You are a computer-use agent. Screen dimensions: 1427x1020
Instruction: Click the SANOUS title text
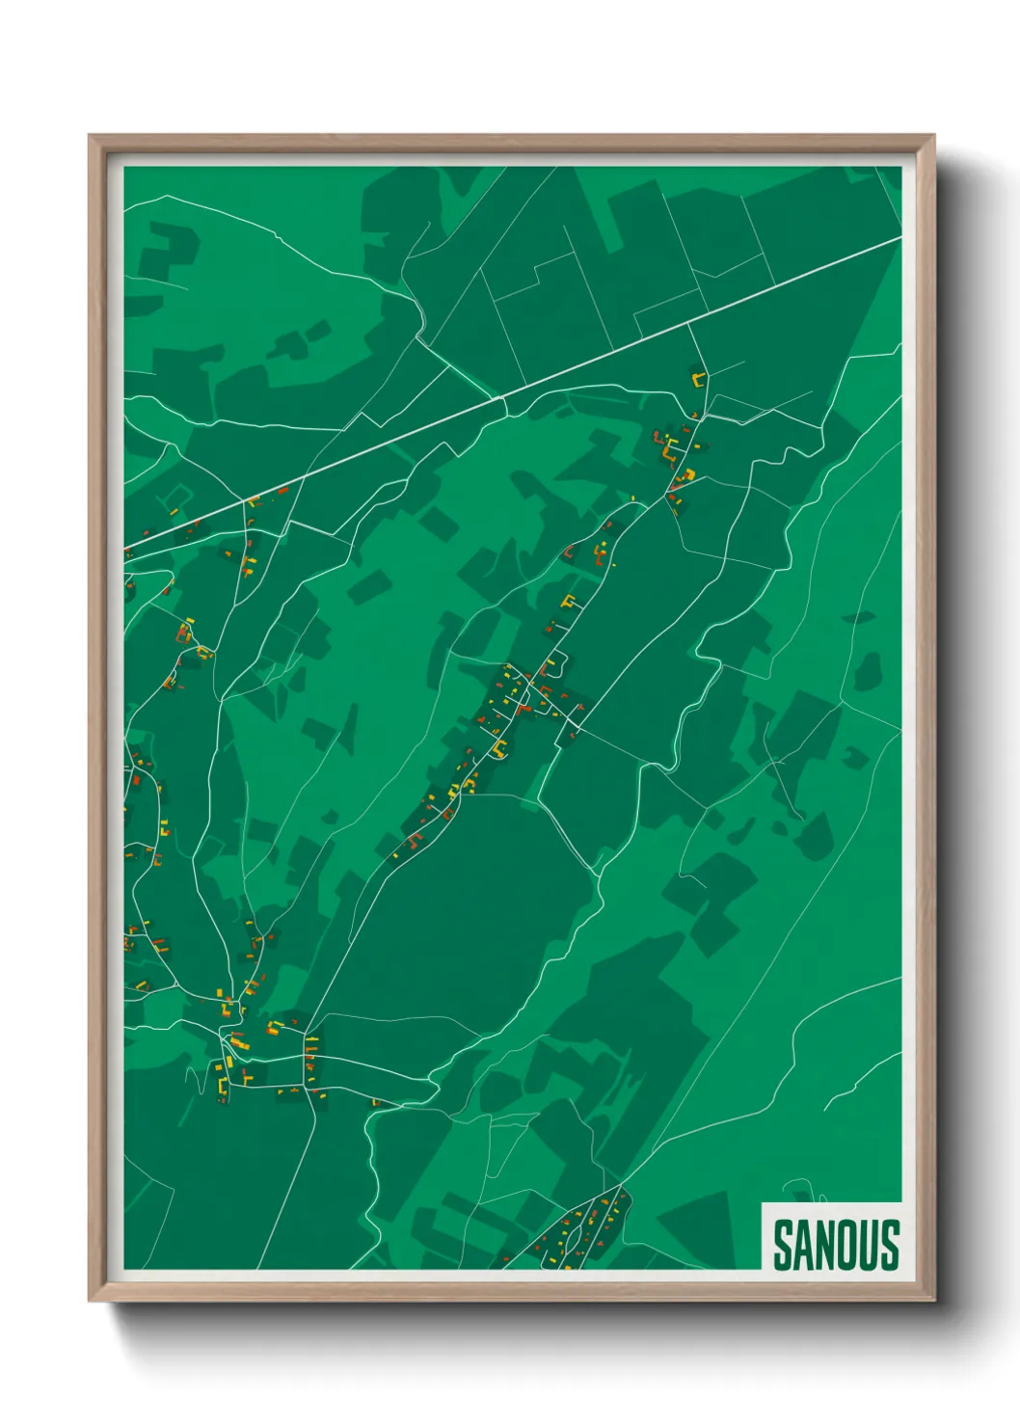tap(836, 1245)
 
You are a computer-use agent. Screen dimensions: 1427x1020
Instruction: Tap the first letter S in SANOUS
tap(783, 1245)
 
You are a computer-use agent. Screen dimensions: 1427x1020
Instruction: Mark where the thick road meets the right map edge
tap(899, 239)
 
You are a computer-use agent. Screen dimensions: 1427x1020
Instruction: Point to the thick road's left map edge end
tap(126, 552)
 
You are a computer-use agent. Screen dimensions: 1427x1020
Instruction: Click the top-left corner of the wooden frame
tap(91, 137)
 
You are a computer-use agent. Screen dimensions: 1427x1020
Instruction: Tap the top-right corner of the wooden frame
tap(933, 137)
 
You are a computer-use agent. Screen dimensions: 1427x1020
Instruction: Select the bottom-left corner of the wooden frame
tap(91, 1300)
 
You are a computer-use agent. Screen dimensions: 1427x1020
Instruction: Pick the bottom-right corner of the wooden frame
tap(933, 1300)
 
